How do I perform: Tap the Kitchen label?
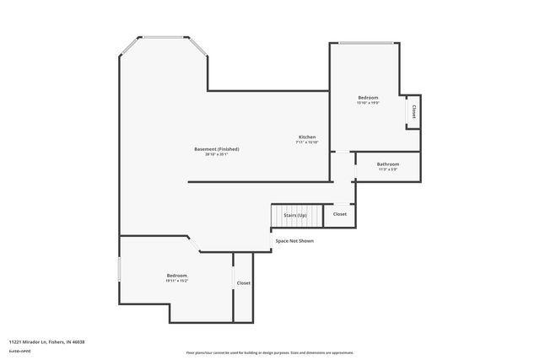point(307,137)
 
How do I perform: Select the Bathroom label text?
point(388,164)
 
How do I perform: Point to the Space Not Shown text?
point(294,240)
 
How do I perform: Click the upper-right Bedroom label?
point(368,98)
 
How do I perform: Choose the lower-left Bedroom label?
point(176,276)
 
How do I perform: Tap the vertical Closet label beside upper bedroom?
point(413,111)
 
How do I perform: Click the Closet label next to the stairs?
point(340,214)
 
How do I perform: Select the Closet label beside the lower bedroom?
point(243,283)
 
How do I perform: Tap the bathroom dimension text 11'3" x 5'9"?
point(388,169)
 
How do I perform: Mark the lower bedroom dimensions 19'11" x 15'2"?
point(176,281)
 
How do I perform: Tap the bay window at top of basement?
point(163,38)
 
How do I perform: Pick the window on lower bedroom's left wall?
point(119,270)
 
